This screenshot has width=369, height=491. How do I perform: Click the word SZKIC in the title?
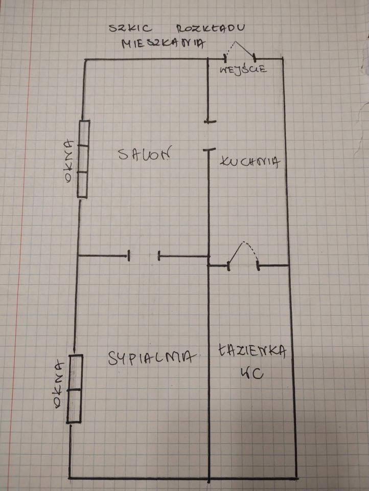(130, 28)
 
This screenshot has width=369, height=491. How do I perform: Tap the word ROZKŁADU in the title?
(211, 29)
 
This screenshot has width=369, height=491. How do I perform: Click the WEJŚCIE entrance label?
(243, 69)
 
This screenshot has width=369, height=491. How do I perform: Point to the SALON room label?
(145, 153)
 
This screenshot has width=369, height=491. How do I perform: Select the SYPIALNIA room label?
(152, 358)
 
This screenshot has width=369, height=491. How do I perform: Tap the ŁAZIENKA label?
(252, 351)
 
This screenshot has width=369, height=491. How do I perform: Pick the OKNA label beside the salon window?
(68, 161)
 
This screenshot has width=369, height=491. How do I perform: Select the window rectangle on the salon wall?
(83, 159)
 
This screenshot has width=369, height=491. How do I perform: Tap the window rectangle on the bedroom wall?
(75, 389)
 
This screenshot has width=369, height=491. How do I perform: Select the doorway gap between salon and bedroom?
(144, 256)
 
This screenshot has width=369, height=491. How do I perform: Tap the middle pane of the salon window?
(83, 159)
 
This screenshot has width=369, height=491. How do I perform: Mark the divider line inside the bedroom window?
(75, 390)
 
